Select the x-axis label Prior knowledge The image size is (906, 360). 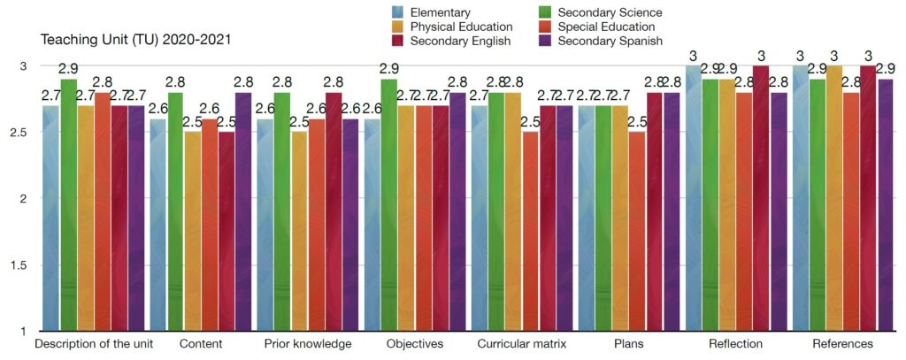point(308,343)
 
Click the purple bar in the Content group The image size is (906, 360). point(243,212)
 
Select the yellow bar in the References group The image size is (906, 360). point(833,199)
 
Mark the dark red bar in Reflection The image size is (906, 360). point(761,199)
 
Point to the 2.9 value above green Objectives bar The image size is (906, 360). point(389,68)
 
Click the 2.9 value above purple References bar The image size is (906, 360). point(887,68)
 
